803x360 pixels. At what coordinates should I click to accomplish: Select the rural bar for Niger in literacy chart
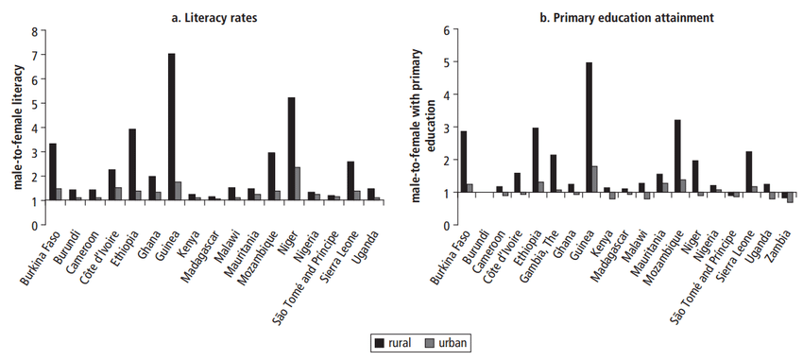292,148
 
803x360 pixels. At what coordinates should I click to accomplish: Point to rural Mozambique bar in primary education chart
677,156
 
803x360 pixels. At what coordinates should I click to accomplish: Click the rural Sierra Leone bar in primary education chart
748,172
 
